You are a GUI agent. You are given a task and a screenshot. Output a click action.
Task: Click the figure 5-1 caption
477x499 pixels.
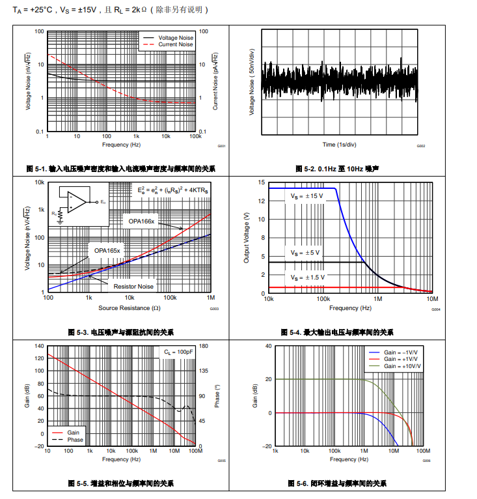tap(121, 169)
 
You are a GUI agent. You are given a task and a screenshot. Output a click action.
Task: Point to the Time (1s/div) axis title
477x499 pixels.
tap(339, 144)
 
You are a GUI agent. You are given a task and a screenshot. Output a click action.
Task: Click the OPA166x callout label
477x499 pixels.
tap(141, 221)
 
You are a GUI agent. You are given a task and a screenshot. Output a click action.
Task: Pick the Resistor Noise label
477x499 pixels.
tap(133, 287)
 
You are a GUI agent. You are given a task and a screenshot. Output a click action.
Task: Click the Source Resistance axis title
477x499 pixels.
tap(129, 307)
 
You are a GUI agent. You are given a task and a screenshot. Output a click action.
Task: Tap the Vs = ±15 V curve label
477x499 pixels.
tap(306, 195)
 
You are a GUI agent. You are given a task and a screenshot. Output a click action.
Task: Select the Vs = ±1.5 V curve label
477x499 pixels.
tap(306, 278)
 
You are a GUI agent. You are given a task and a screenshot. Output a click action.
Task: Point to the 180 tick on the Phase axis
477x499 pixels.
tap(202, 346)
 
